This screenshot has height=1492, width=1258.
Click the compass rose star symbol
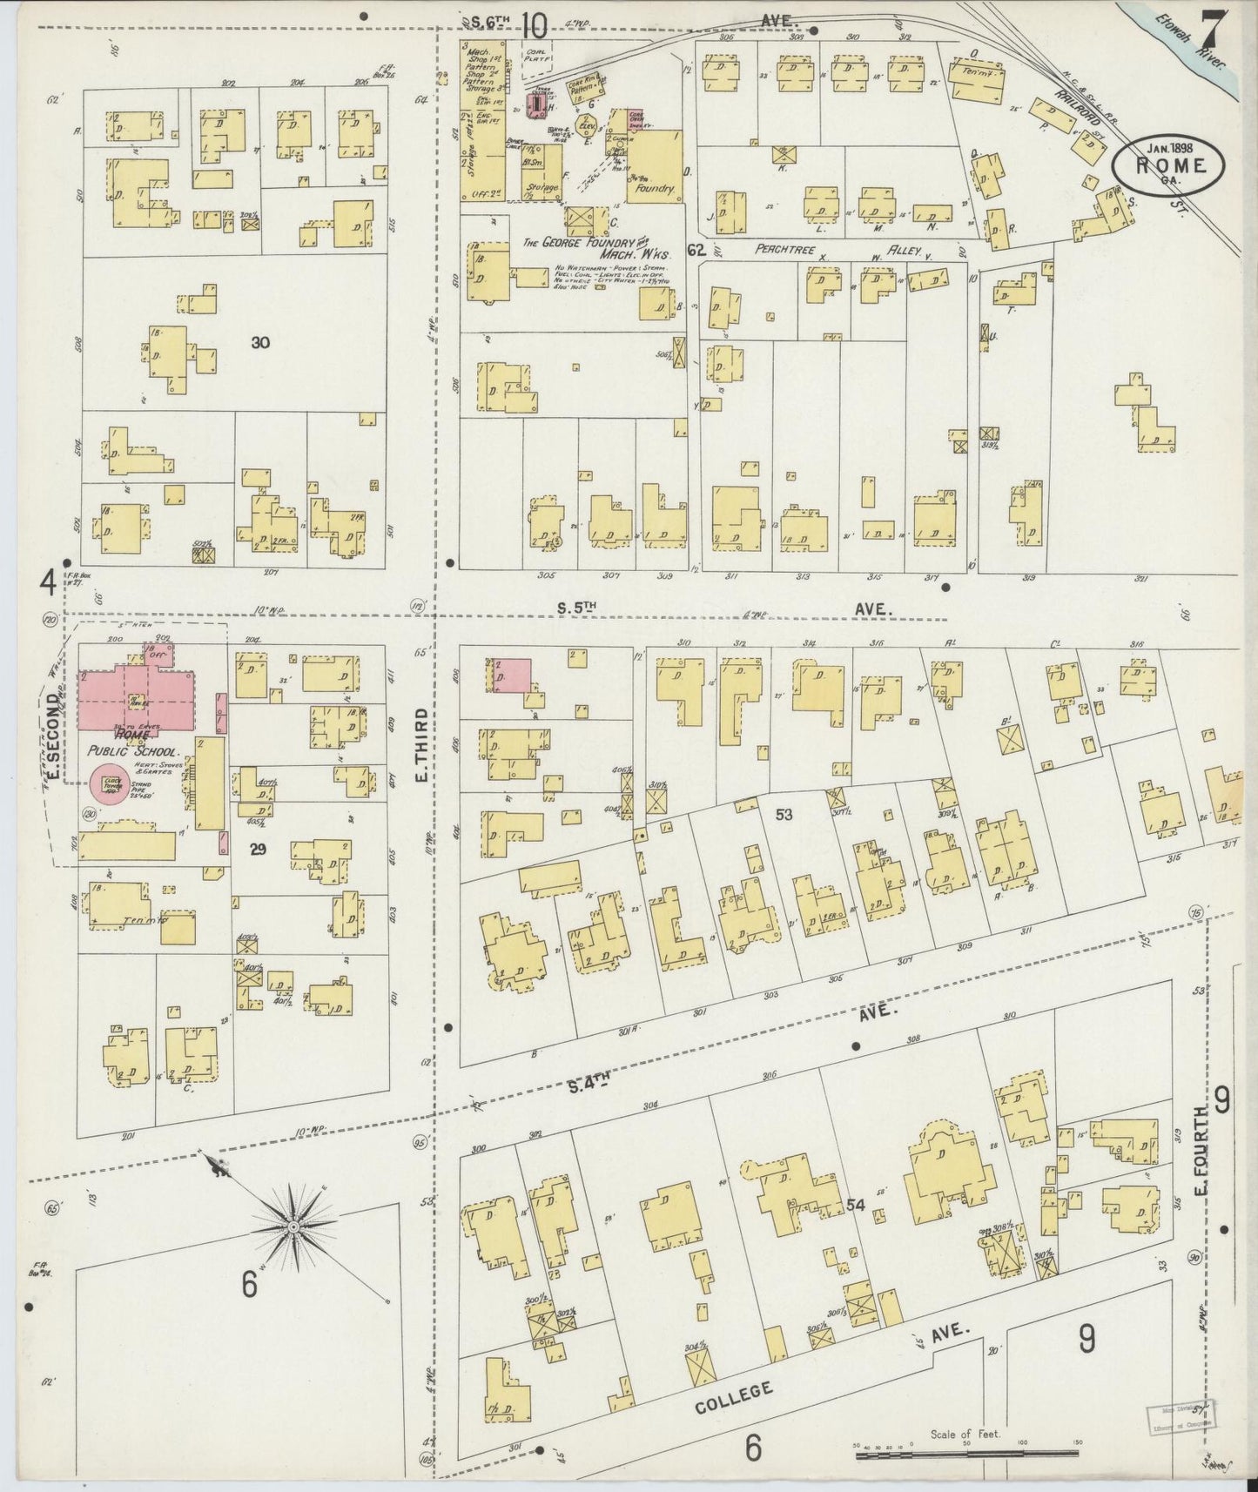pos(293,1227)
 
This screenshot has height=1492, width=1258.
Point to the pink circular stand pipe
pos(111,783)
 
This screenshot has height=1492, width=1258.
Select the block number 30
pos(259,342)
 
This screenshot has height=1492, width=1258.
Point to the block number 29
pos(257,849)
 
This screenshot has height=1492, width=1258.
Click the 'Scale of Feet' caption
pos(965,1434)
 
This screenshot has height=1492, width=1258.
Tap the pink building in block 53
pos(511,675)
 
